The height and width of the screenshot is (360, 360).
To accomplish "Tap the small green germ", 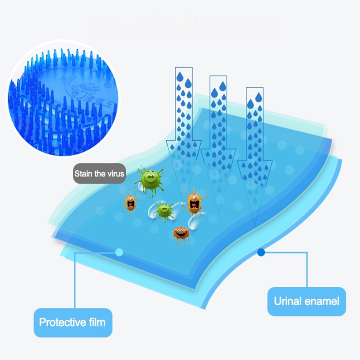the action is click(165, 210).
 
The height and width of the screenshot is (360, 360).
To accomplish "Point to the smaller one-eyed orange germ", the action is click(131, 202).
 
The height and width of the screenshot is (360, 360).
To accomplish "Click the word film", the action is click(95, 322).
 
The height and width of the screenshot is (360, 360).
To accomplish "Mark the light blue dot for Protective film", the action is click(119, 252).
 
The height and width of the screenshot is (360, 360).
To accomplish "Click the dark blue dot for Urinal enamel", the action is click(261, 252).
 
